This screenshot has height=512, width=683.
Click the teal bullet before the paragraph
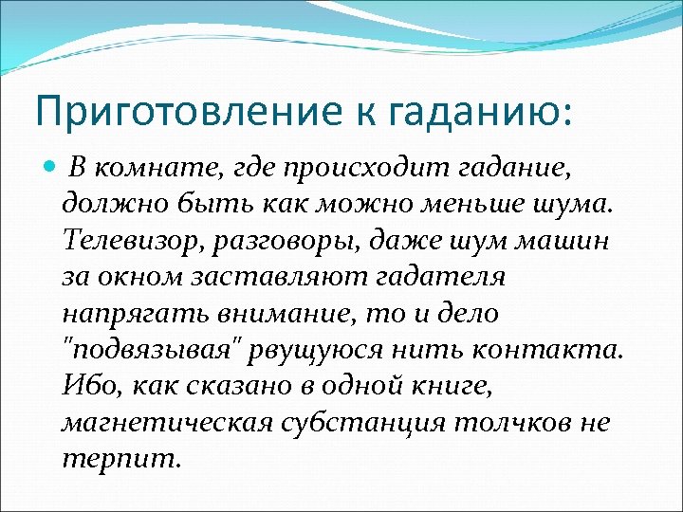pyautogui.click(x=50, y=169)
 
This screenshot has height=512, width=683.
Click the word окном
pyautogui.click(x=142, y=276)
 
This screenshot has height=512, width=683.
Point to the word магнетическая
pyautogui.click(x=163, y=420)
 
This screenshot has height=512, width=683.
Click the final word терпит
pyautogui.click(x=119, y=456)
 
